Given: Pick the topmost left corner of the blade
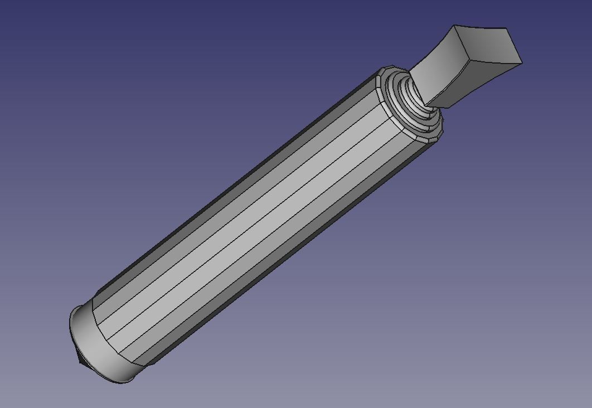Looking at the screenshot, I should point(455,25).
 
